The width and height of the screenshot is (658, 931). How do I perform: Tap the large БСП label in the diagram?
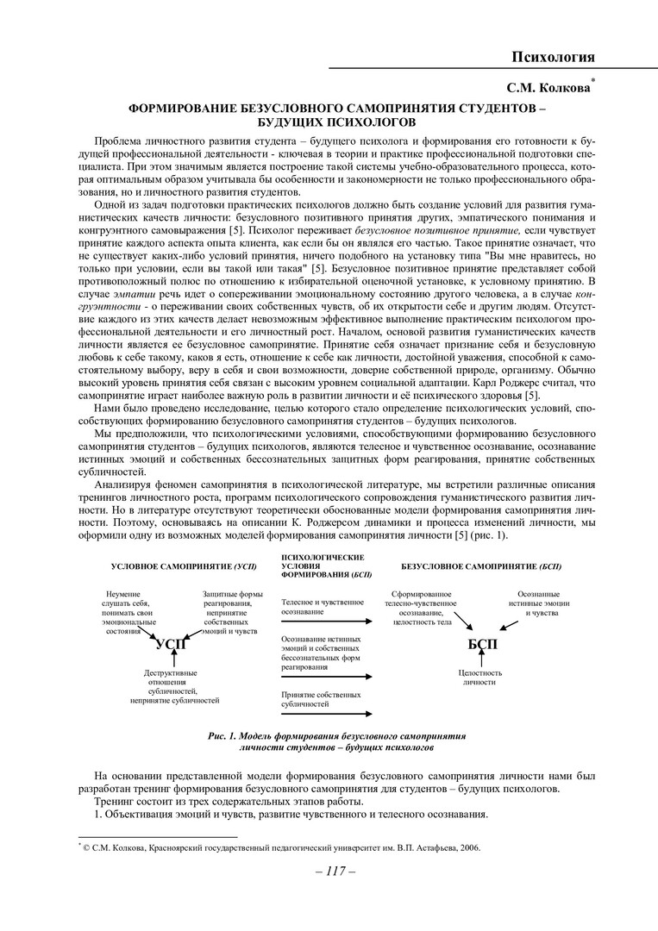pyautogui.click(x=482, y=644)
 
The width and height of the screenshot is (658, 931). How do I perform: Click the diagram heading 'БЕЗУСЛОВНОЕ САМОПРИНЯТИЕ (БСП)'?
pyautogui.click(x=481, y=566)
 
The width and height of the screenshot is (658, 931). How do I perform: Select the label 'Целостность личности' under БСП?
pyautogui.click(x=479, y=677)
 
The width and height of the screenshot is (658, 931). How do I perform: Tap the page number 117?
pyautogui.click(x=329, y=872)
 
